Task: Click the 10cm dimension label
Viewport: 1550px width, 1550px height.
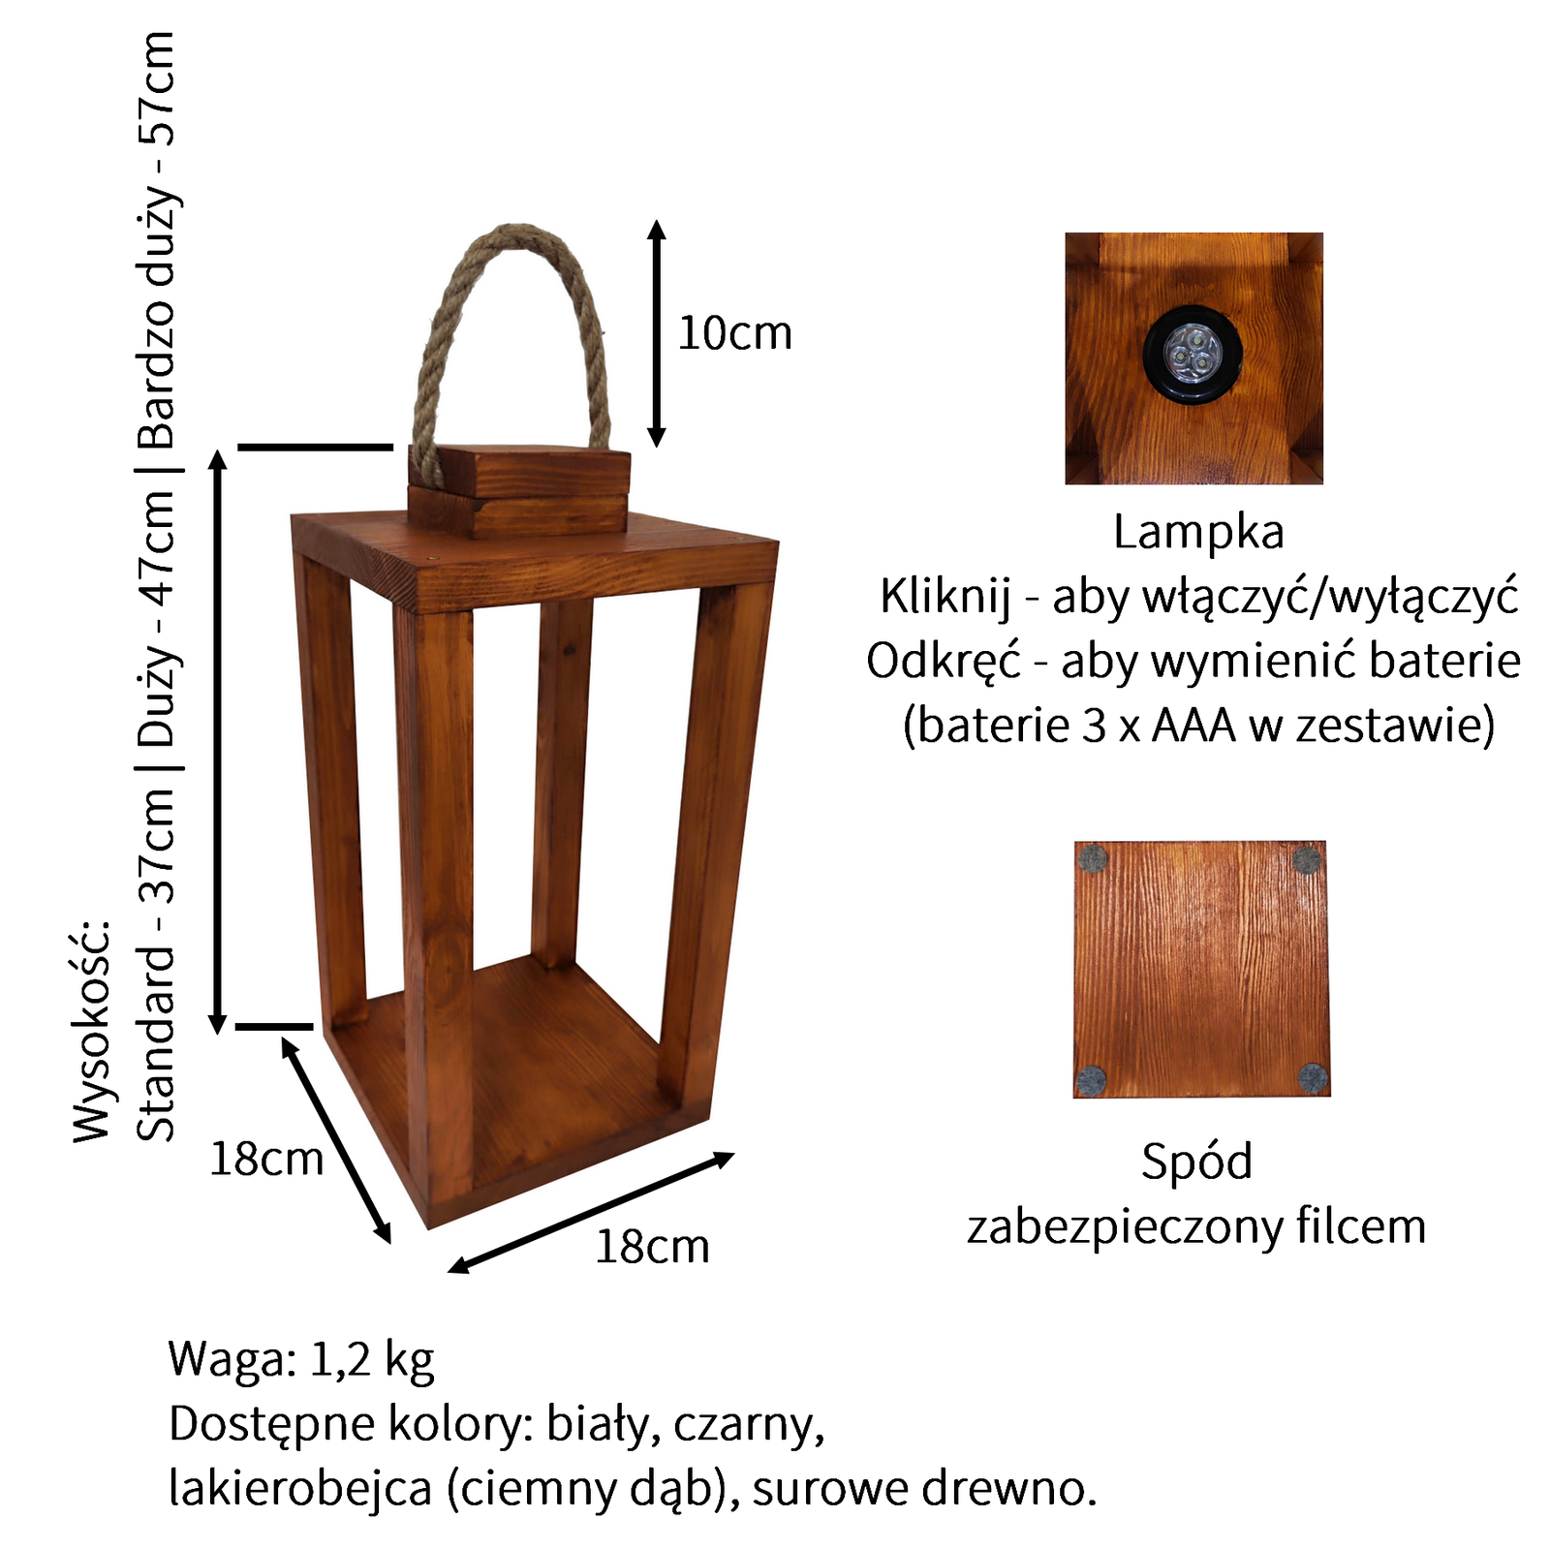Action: click(x=734, y=333)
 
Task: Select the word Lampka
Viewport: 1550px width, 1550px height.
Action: click(x=1198, y=532)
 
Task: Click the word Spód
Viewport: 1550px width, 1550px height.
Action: click(x=1196, y=1161)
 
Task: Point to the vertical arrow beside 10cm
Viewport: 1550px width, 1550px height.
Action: click(x=657, y=333)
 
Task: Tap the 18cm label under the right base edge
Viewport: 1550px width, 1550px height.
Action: click(x=652, y=1247)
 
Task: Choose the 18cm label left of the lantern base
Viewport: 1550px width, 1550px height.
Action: click(x=266, y=1159)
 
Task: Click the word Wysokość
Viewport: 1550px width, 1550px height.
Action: click(x=93, y=1032)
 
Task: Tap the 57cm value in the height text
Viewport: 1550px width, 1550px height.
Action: click(x=157, y=87)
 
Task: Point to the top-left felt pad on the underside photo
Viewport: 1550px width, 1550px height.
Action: click(x=1093, y=858)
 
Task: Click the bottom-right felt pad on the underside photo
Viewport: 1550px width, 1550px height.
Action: click(x=1313, y=1078)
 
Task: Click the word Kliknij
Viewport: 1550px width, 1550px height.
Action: click(x=945, y=596)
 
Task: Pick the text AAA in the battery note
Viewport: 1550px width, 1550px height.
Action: click(x=1193, y=726)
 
